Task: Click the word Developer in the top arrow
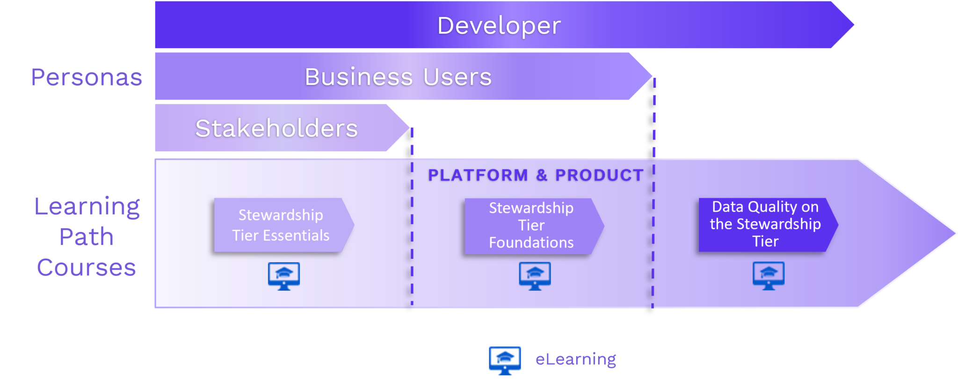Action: click(499, 26)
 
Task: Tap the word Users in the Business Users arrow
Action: click(457, 77)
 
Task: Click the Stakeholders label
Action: click(276, 129)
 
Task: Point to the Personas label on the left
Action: click(87, 77)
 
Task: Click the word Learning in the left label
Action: click(87, 207)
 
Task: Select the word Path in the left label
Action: click(87, 237)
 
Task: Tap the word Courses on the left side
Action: click(87, 267)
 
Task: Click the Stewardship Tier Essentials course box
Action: click(281, 225)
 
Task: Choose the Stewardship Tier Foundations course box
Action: click(531, 226)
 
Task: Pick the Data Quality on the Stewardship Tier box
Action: click(765, 224)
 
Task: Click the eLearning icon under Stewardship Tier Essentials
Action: click(284, 276)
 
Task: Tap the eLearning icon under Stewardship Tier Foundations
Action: click(535, 276)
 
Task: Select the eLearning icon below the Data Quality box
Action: click(769, 276)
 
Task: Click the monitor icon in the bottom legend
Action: click(505, 360)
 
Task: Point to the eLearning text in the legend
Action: click(576, 359)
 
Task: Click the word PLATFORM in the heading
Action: click(478, 175)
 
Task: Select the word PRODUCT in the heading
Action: click(599, 175)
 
